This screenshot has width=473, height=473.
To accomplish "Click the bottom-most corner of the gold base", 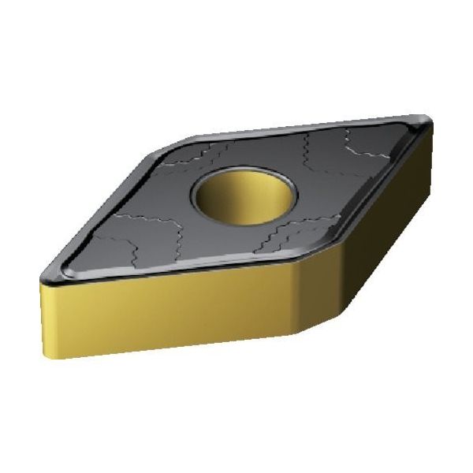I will tap(303, 347).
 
